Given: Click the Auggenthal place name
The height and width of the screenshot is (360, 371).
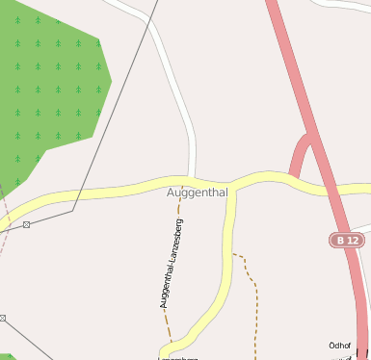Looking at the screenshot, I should pyautogui.click(x=197, y=193).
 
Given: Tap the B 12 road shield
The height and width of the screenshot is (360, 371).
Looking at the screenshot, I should pyautogui.click(x=348, y=240).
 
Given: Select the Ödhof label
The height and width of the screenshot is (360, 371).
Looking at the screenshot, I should pyautogui.click(x=340, y=345).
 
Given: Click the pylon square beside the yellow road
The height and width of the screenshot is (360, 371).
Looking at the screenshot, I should pyautogui.click(x=26, y=224).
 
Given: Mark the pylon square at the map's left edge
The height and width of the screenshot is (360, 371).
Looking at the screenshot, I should pyautogui.click(x=3, y=317).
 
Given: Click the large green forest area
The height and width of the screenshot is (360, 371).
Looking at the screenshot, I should pyautogui.click(x=48, y=87).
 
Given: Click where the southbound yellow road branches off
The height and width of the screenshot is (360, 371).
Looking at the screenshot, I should pyautogui.click(x=231, y=186).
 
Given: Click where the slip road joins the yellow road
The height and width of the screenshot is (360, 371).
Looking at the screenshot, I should pyautogui.click(x=291, y=178).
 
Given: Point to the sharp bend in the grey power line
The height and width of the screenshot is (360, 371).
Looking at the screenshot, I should pyautogui.click(x=73, y=209).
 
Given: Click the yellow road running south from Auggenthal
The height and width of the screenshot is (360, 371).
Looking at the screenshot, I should pyautogui.click(x=228, y=250).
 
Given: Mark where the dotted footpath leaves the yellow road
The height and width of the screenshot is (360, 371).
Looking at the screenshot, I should pyautogui.click(x=232, y=254).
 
